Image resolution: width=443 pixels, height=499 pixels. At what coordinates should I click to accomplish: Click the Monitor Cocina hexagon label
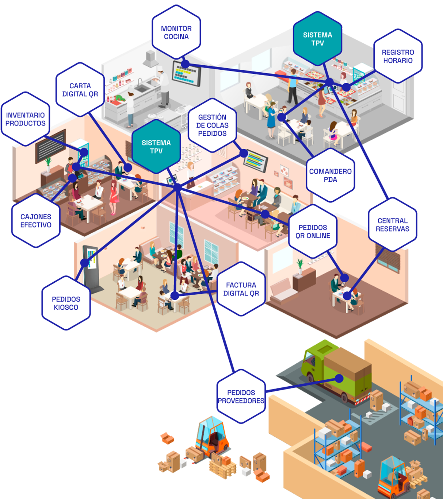(176, 33)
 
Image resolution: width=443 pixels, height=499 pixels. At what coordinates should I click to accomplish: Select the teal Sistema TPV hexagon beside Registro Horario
(317, 39)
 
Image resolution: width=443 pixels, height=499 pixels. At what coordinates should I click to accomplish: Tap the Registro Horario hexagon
(398, 57)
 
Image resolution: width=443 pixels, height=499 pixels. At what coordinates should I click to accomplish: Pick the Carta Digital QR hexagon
(80, 90)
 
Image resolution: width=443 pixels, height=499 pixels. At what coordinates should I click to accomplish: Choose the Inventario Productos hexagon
(25, 119)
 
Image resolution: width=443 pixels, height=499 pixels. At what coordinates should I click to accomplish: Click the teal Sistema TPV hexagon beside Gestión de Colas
(156, 147)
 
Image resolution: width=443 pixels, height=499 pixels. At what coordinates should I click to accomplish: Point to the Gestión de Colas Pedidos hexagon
(212, 125)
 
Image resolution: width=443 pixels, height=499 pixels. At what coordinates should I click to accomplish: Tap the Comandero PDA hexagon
(330, 175)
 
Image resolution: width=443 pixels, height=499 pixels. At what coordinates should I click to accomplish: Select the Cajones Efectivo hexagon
(36, 221)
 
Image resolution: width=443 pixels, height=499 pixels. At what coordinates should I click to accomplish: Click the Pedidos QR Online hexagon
(313, 231)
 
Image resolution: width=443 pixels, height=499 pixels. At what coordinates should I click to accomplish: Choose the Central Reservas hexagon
(392, 225)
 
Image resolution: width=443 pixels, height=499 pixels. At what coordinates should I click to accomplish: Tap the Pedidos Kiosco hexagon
(66, 303)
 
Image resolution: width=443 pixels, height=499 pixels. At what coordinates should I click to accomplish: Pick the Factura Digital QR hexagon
(241, 289)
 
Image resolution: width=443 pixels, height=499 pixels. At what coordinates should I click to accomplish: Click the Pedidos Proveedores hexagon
(241, 397)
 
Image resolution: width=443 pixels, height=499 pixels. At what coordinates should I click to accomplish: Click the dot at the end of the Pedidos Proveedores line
(339, 379)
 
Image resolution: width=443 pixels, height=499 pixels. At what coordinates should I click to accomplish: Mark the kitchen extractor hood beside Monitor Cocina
(150, 59)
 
